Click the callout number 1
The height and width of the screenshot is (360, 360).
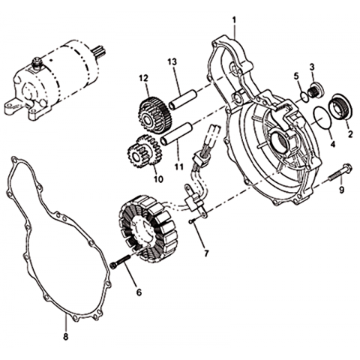pos(234,19)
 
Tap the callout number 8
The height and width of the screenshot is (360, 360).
pos(66,337)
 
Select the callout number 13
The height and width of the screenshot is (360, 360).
pos(172,61)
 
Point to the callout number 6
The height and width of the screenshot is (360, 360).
pos(139,292)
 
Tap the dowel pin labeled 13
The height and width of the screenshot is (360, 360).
pos(183,100)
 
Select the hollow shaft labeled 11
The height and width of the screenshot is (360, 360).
pos(178,134)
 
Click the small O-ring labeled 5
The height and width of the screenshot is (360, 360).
pos(304,97)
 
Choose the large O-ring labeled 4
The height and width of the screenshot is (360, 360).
pos(322,118)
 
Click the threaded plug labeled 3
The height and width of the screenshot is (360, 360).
pos(316,89)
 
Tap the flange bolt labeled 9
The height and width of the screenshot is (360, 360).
pos(340,172)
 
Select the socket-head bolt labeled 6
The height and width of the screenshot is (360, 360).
pos(120,261)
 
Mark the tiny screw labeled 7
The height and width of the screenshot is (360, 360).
pos(191,221)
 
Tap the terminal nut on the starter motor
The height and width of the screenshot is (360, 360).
pos(37,62)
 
